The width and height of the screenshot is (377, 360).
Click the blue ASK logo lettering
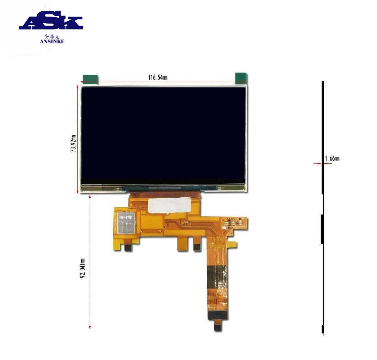[x=51, y=22]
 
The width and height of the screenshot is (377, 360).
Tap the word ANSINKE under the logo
[x=52, y=41]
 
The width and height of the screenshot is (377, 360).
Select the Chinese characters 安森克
[x=52, y=36]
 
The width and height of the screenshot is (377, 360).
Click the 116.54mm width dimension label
[x=158, y=77]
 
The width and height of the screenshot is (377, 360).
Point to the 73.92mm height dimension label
[x=74, y=144]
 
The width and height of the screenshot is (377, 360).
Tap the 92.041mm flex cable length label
[x=83, y=269]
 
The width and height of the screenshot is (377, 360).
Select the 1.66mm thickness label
[x=332, y=158]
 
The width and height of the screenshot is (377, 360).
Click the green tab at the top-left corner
[x=90, y=78]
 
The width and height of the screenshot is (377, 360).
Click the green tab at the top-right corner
[x=241, y=78]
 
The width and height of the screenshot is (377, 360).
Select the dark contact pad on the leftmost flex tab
[x=127, y=247]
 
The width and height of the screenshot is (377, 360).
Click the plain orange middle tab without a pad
[x=182, y=245]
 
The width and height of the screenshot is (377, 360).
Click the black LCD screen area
[x=163, y=134]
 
